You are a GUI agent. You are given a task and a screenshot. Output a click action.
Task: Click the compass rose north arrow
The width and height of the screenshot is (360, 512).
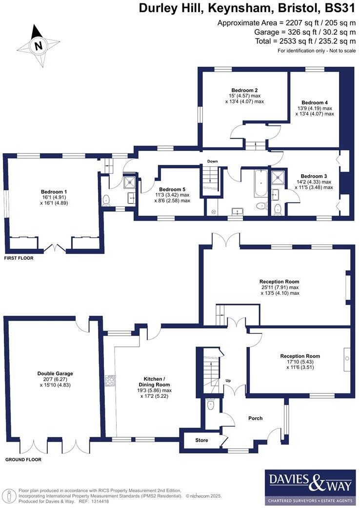pos(37,45)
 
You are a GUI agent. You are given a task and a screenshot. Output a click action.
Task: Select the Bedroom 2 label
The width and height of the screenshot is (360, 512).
pos(244,90)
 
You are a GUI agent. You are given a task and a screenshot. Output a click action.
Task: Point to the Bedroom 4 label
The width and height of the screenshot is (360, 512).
pos(315,102)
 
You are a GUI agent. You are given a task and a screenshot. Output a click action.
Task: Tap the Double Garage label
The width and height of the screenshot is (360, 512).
pos(55,373)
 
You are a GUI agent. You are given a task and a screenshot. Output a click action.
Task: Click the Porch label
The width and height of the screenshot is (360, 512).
pos(255,418)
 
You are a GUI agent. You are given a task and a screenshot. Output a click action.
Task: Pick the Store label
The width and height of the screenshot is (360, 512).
pos(201,440)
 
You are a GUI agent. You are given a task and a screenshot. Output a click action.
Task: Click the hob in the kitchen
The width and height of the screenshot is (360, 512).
pos(110,380)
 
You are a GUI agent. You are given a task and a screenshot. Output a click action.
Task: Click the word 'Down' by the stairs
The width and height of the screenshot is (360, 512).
pos(212,161)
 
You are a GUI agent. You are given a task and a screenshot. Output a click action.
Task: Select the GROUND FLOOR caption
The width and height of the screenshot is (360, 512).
pos(23,460)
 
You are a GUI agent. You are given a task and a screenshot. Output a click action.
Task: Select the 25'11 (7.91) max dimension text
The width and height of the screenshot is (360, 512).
pos(279,287)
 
